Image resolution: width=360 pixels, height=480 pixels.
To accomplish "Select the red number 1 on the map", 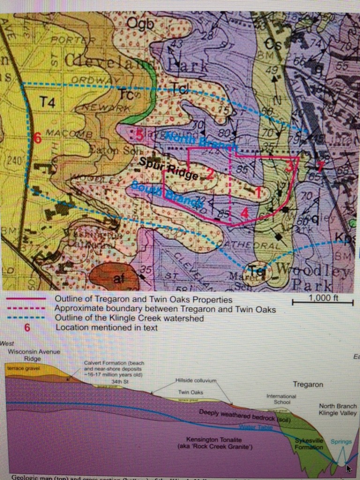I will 257,190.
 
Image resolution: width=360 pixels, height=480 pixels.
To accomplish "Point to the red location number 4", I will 244,212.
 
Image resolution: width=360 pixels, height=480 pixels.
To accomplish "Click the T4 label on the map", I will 47,103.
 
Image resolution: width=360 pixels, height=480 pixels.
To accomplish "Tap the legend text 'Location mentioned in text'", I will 106,328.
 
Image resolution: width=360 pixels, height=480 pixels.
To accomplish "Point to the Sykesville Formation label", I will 309,443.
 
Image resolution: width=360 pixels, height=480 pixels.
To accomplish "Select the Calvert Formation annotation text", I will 114,368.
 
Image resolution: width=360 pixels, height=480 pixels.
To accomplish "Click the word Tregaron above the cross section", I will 308,384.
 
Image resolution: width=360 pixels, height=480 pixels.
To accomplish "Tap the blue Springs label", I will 341,442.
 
